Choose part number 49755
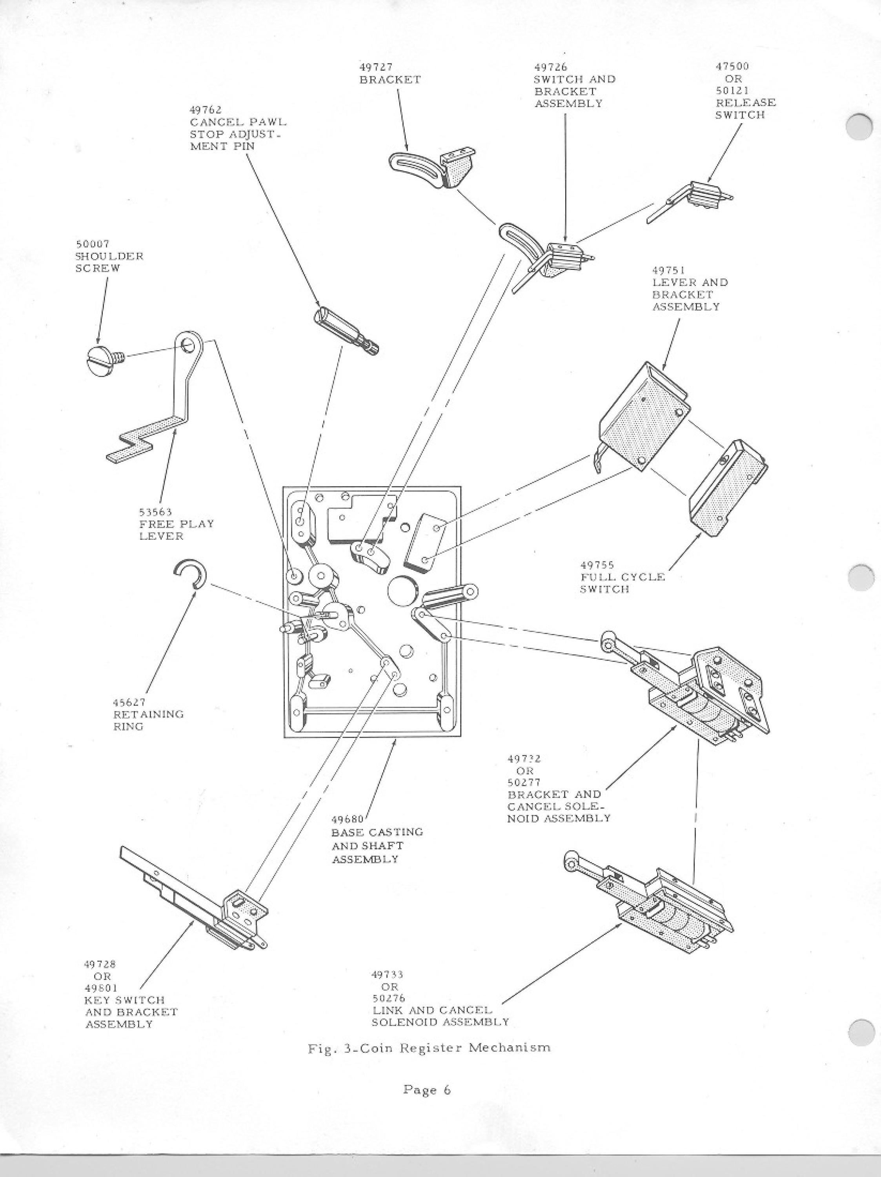tap(597, 565)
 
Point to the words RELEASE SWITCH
tap(745, 109)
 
